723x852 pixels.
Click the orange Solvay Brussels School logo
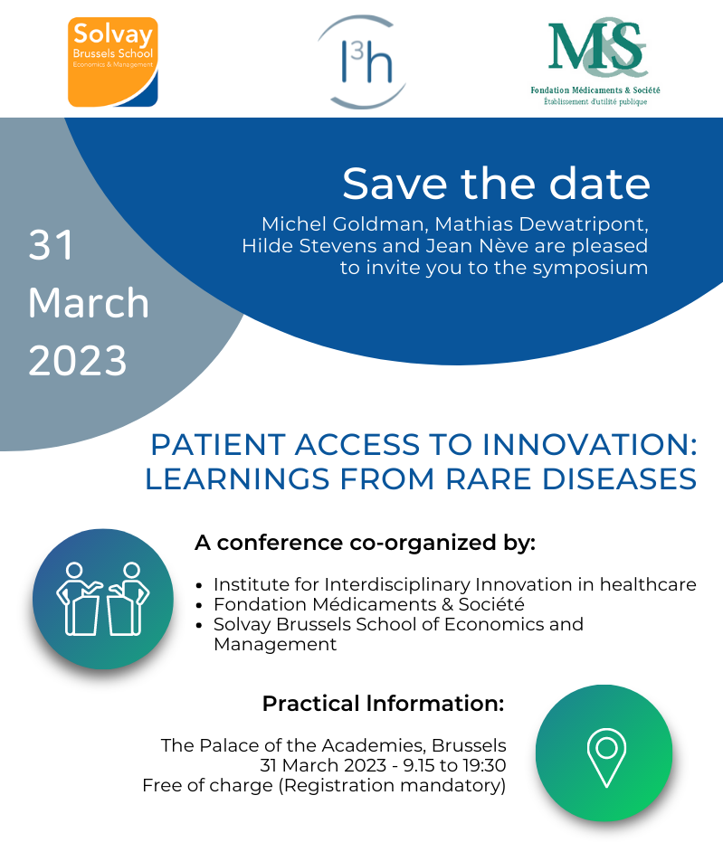pos(112,62)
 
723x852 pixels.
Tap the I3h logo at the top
pos(362,62)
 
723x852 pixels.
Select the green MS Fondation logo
pos(595,62)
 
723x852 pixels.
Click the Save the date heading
pos(496,184)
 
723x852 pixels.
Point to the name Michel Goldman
pos(344,224)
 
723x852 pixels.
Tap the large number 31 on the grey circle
pos(51,245)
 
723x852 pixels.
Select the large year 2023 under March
pos(78,360)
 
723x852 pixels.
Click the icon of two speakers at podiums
pos(103,598)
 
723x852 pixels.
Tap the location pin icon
pos(606,757)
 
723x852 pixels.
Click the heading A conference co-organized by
pos(366,543)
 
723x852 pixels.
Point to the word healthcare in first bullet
pos(648,584)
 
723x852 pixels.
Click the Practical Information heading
pos(384,703)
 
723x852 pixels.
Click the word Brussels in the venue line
pos(469,745)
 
